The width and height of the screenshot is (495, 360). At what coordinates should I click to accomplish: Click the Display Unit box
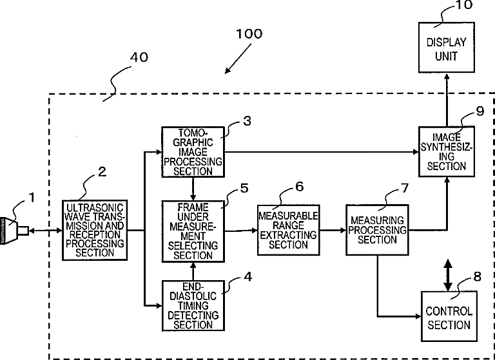(447, 47)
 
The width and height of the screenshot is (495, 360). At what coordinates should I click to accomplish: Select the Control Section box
(449, 316)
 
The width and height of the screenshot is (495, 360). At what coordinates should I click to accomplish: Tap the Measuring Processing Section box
(377, 230)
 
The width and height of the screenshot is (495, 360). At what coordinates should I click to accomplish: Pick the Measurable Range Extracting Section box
(288, 230)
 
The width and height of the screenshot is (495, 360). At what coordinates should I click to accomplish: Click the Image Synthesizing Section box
(447, 151)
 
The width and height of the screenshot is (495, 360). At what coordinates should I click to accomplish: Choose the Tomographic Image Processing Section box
(193, 152)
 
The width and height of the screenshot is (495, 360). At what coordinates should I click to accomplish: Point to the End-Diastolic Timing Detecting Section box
(193, 305)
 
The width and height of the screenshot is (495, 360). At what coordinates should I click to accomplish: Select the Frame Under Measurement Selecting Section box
(193, 231)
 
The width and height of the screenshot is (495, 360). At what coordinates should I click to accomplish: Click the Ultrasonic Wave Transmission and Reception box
(95, 230)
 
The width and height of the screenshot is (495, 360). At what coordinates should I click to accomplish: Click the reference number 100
(249, 33)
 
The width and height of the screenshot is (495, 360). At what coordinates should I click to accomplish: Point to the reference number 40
(139, 57)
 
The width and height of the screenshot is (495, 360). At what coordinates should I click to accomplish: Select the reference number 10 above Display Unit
(464, 5)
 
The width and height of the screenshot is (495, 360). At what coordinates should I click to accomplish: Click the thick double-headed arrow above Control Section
(448, 275)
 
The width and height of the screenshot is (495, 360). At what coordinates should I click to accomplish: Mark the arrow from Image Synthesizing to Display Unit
(447, 100)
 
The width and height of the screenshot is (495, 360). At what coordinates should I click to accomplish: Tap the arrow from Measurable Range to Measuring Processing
(333, 230)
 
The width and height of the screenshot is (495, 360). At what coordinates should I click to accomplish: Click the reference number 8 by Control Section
(477, 276)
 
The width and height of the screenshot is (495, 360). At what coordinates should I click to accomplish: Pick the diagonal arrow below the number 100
(238, 59)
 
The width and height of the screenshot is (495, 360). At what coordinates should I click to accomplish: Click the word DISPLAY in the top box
(447, 43)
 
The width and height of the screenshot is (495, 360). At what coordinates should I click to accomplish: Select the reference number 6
(299, 187)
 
